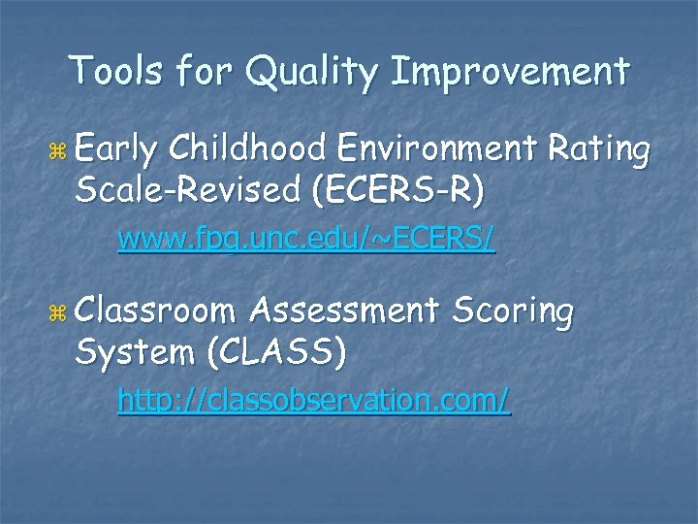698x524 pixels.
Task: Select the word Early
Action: pyautogui.click(x=115, y=151)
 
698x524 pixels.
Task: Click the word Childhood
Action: pyautogui.click(x=248, y=149)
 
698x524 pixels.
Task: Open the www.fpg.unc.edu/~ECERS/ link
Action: pyautogui.click(x=306, y=240)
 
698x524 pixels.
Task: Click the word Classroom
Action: pyautogui.click(x=155, y=311)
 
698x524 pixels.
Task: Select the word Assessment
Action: pyautogui.click(x=345, y=311)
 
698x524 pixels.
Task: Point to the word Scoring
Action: pyautogui.click(x=513, y=313)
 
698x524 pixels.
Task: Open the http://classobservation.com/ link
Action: pyautogui.click(x=314, y=400)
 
